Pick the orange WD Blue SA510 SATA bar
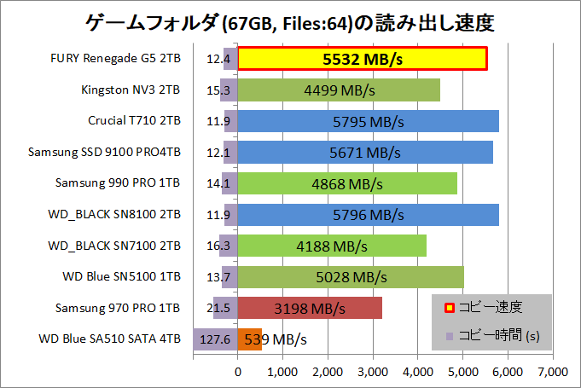[249, 339]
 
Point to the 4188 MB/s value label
[331, 246]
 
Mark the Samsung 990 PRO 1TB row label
[118, 183]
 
